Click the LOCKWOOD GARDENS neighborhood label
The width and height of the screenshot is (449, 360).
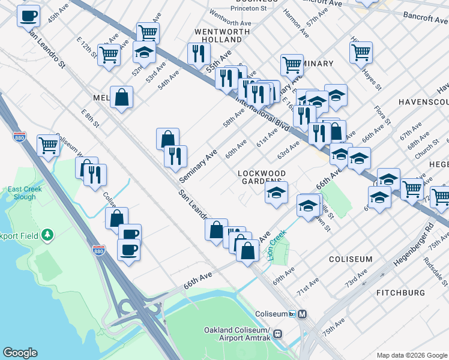click(261, 177)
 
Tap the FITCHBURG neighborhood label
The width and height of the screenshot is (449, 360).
click(400, 293)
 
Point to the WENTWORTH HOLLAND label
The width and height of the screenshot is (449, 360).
click(217, 35)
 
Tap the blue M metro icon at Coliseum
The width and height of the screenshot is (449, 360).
click(303, 314)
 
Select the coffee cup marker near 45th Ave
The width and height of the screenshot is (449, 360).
click(28, 15)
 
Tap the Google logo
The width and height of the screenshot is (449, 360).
click(20, 353)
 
